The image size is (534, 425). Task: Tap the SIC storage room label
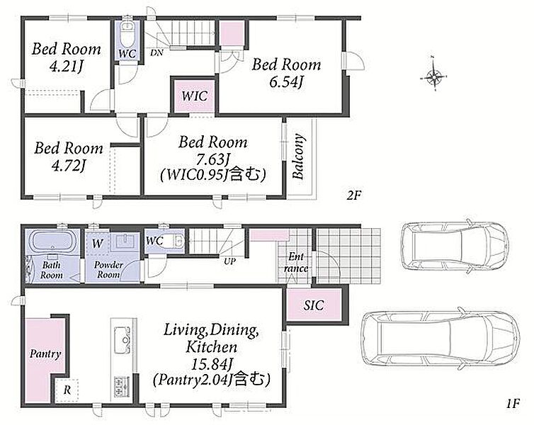pyautogui.click(x=314, y=305)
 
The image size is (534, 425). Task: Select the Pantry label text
pyautogui.click(x=45, y=354)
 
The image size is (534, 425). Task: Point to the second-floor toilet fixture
pyautogui.click(x=128, y=33)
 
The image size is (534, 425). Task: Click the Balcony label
pyautogui.click(x=298, y=157)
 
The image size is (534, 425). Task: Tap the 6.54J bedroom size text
pyautogui.click(x=286, y=81)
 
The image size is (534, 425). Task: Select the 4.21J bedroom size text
pyautogui.click(x=67, y=66)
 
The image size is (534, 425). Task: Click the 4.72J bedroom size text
pyautogui.click(x=69, y=165)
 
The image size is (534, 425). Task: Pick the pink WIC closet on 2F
pyautogui.click(x=195, y=96)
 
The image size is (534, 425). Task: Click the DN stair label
pyautogui.click(x=157, y=52)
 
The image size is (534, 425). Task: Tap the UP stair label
pyautogui.click(x=229, y=261)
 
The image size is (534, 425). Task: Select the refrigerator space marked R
pyautogui.click(x=67, y=390)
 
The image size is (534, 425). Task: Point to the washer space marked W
pyautogui.click(x=98, y=243)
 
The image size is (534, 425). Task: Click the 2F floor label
pyautogui.click(x=353, y=195)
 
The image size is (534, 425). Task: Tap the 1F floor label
pyautogui.click(x=512, y=404)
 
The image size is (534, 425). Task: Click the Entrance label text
pyautogui.click(x=296, y=263)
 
